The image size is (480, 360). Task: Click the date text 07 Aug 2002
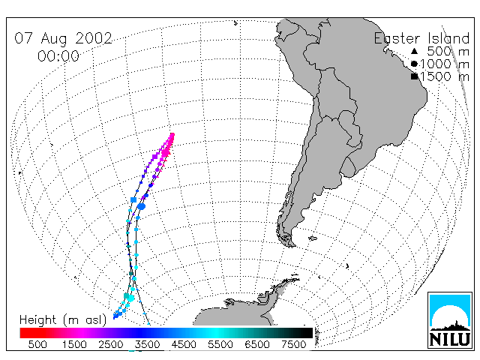[x=63, y=39]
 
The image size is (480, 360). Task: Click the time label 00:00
[x=58, y=56]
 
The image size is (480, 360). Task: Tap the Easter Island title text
[x=421, y=38]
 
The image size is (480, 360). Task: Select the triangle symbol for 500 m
[x=414, y=51]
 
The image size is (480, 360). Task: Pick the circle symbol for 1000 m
[x=414, y=64]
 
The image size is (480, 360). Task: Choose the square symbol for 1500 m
[x=414, y=76]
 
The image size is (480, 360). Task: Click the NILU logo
[x=450, y=320]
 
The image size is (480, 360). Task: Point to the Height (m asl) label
[x=63, y=320]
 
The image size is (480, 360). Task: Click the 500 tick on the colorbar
[x=37, y=344]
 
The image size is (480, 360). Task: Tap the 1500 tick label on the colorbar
[x=74, y=344]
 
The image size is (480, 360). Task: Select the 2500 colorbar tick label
[x=111, y=344]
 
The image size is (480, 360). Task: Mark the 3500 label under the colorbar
[x=147, y=344]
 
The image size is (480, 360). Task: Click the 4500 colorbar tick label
[x=184, y=344]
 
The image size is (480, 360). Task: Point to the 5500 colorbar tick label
[x=220, y=344]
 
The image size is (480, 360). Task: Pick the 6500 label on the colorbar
[x=256, y=344]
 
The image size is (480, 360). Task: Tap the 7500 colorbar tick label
[x=293, y=344]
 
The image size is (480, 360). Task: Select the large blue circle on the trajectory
[x=141, y=207]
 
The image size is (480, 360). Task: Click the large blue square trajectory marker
[x=133, y=200]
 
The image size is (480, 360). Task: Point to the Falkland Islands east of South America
[x=313, y=238]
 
